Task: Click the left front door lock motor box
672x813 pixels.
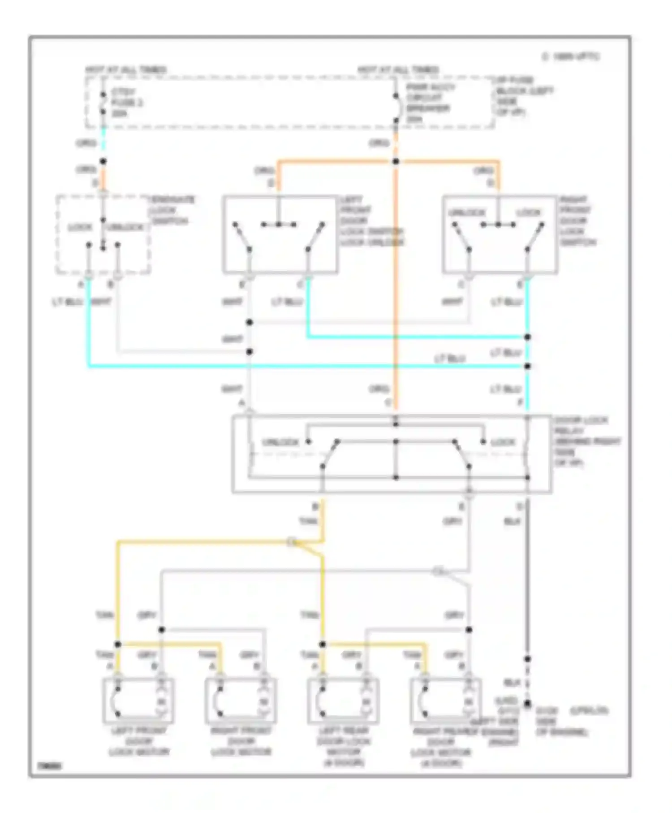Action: coord(138,701)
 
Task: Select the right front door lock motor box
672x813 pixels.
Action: coord(241,701)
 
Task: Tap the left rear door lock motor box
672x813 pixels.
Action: coord(343,701)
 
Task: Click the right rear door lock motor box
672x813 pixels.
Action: coord(445,701)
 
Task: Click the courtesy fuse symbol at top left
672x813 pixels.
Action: coord(103,103)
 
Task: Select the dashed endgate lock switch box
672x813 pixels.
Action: coord(103,234)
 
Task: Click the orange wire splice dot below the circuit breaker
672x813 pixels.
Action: coord(396,161)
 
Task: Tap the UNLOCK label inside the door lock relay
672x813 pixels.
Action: coord(280,442)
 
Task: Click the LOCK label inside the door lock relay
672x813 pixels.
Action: coord(503,442)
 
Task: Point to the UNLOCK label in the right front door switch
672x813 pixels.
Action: coord(466,212)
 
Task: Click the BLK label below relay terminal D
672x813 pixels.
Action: coord(512,521)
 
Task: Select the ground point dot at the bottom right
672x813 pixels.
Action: coord(527,704)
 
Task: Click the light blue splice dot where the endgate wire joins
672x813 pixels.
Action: coord(527,366)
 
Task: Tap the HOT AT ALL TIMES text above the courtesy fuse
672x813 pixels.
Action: coord(126,70)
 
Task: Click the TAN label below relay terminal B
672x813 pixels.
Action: coord(308,521)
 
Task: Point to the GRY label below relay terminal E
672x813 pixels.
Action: coord(452,521)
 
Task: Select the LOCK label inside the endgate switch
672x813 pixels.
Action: coord(80,227)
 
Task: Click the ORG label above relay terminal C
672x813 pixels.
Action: coord(379,389)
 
